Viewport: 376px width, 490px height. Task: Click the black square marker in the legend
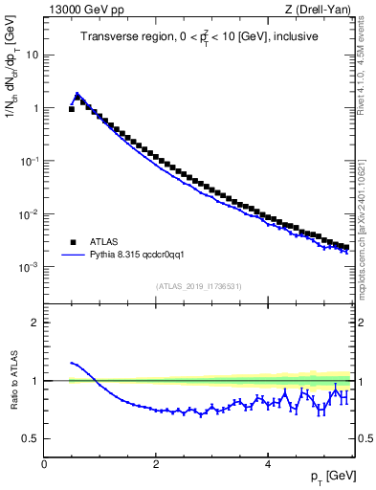coord(73,242)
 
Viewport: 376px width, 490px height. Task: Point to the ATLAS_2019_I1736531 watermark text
coord(199,285)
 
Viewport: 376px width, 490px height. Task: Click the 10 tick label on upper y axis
coord(33,55)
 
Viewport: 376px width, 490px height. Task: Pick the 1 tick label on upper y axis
coord(35,108)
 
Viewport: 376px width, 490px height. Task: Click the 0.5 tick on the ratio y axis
coord(32,438)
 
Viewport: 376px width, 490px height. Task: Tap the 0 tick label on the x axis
coord(44,463)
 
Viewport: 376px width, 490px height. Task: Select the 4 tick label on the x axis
coord(267,463)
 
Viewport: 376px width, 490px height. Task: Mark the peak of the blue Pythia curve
coord(77,94)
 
